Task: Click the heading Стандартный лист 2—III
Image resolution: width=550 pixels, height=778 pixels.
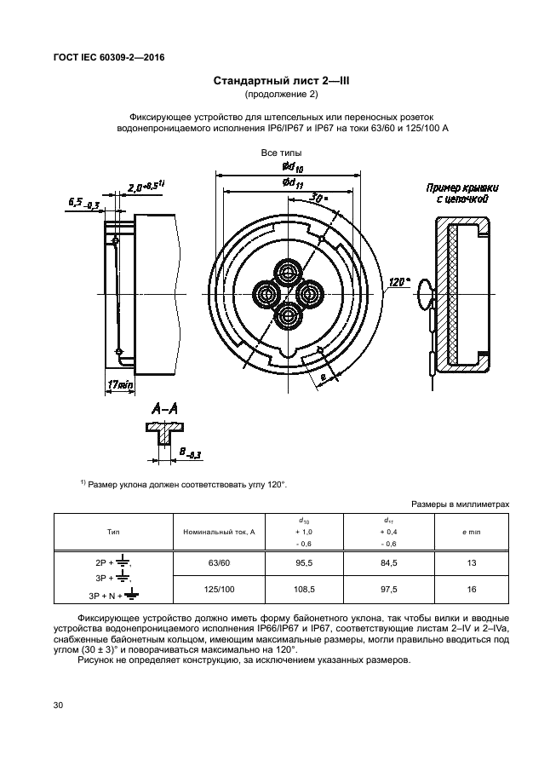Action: tap(274, 82)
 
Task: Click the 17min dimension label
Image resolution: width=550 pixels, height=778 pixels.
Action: tap(121, 385)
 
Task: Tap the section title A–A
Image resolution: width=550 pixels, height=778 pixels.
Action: tap(163, 410)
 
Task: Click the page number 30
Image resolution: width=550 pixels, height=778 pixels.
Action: tap(58, 706)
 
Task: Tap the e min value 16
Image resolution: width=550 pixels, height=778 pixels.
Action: tap(471, 588)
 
